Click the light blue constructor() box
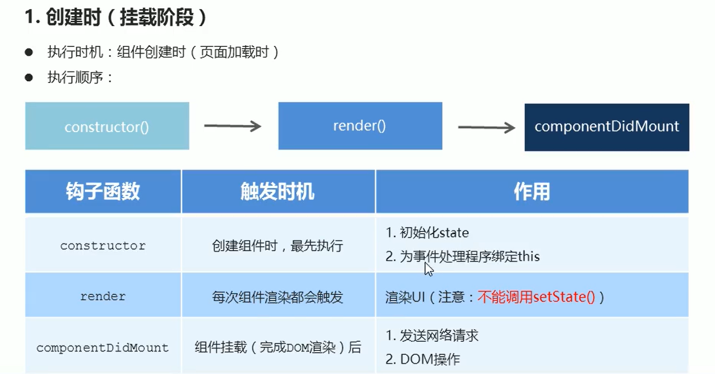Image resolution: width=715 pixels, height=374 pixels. pos(107,126)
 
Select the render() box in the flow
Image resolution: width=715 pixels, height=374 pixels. pos(360,126)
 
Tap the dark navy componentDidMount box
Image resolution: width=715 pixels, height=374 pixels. pos(607,127)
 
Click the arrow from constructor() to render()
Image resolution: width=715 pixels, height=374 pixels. pos(233,126)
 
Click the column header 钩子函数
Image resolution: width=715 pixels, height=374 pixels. pos(103,192)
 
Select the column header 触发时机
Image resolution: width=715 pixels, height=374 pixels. pos(278,192)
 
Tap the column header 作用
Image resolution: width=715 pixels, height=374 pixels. pos(531,192)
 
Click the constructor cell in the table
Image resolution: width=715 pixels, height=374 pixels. pos(103,246)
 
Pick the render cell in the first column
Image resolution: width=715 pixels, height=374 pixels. pos(103,296)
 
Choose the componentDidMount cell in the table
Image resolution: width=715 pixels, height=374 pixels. pos(103,347)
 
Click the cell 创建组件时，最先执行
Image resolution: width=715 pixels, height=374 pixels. pos(278,246)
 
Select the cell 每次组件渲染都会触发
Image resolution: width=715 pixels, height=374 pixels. pos(278,297)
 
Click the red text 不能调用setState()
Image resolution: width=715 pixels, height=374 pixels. pos(536,297)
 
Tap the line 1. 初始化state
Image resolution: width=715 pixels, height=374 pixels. pos(427,233)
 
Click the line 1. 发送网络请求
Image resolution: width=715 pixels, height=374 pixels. pos(432,336)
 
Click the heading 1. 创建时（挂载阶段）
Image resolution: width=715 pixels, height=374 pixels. pos(116,17)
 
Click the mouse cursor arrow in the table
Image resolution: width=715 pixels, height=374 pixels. pos(429,269)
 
